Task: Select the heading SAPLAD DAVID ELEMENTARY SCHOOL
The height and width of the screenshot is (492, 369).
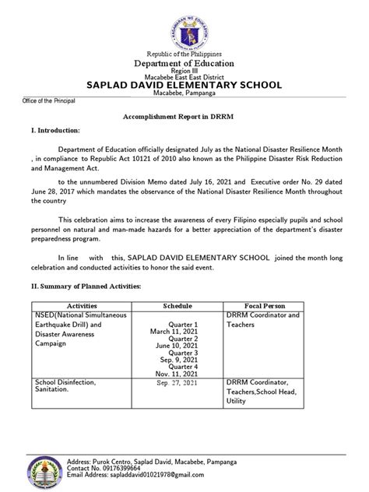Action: click(x=184, y=86)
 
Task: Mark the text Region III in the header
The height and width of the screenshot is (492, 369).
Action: click(x=184, y=69)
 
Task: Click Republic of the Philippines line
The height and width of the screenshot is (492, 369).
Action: click(x=184, y=53)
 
